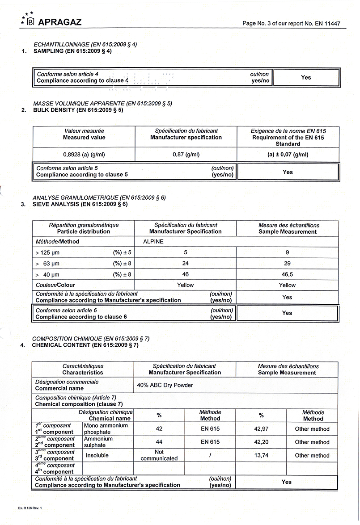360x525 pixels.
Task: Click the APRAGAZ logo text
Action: [60, 22]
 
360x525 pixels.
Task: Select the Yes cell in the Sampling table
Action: [306, 77]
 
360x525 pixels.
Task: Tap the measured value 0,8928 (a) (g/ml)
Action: [84, 155]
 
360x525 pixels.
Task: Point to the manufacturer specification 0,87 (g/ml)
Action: [186, 155]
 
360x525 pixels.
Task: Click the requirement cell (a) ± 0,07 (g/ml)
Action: [288, 155]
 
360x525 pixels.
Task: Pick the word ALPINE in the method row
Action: [153, 241]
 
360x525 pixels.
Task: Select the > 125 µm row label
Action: [47, 253]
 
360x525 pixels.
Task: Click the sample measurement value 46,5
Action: [287, 274]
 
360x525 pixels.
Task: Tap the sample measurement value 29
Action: [287, 264]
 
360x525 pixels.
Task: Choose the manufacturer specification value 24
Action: [186, 264]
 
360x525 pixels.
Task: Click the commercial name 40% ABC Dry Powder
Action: [165, 385]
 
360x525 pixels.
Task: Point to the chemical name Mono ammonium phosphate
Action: [99, 429]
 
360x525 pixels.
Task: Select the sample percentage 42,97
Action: [261, 429]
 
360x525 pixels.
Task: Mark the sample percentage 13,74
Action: [261, 455]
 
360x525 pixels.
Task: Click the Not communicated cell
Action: [159, 455]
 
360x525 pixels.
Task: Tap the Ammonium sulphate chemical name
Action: [98, 442]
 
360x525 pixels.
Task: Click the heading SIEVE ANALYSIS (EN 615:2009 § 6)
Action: [80, 204]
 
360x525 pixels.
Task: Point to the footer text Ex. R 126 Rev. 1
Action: [30, 508]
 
